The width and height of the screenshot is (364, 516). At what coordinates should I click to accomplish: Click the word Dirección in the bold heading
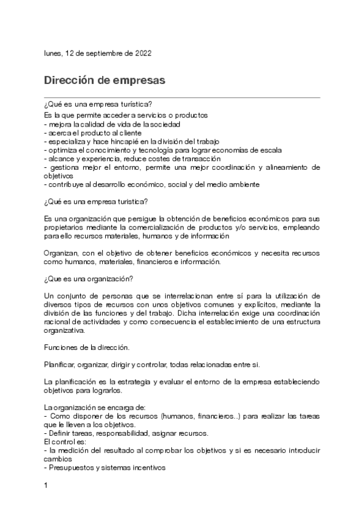pos(72,80)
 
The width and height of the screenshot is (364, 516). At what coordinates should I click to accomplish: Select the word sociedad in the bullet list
pos(164,124)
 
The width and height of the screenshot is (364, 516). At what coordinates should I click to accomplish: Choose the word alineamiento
pos(286,166)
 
